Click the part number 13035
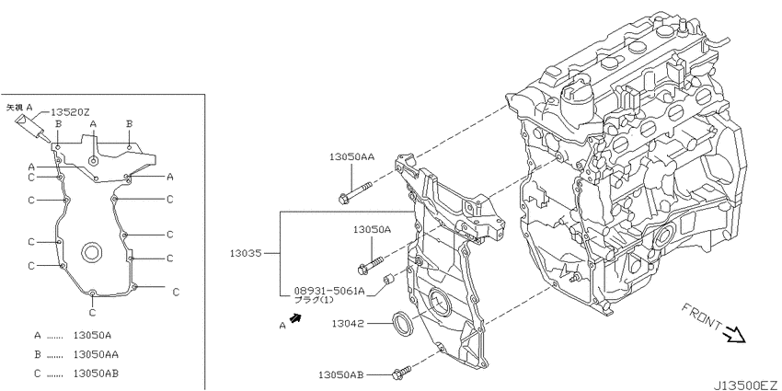click(x=246, y=253)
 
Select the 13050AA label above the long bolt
click(x=352, y=157)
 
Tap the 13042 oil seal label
click(x=348, y=324)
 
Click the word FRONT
click(x=701, y=317)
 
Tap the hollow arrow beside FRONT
click(x=735, y=334)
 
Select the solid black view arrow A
click(x=296, y=318)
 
